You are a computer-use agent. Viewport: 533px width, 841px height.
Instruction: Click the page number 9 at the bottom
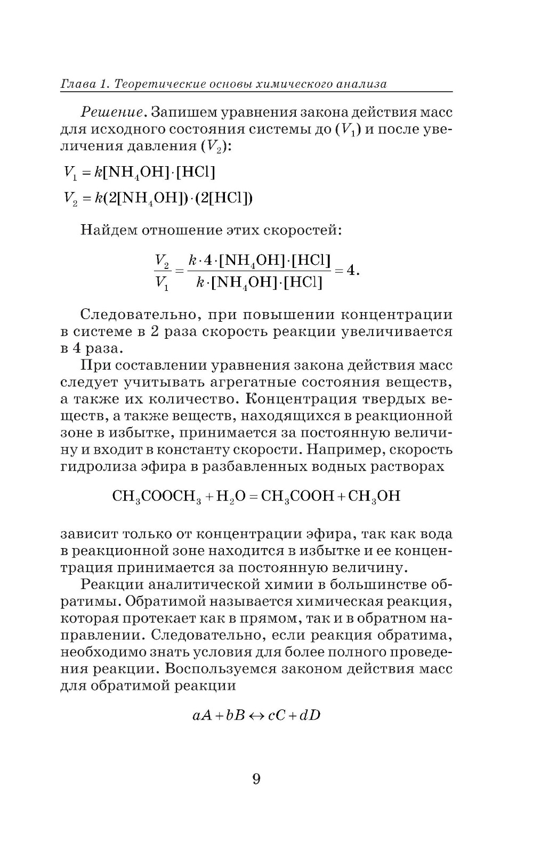click(256, 779)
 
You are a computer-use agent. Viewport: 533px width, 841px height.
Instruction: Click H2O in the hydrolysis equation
click(230, 496)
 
